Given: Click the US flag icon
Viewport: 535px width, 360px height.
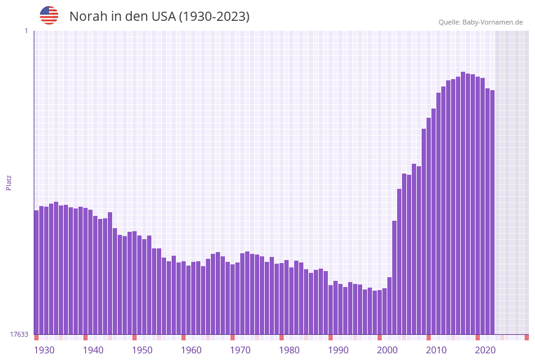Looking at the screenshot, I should pyautogui.click(x=49, y=15).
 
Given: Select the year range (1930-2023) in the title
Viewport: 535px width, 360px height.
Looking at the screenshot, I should pyautogui.click(x=214, y=17).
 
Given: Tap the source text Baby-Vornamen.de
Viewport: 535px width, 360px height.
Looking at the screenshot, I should pyautogui.click(x=492, y=22).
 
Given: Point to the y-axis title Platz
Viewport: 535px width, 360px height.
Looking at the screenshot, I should pyautogui.click(x=9, y=182).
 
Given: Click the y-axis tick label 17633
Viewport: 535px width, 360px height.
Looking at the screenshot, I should pyautogui.click(x=19, y=334).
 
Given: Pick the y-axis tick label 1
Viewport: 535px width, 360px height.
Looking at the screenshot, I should pyautogui.click(x=26, y=31).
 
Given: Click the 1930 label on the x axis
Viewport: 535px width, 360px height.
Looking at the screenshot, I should pyautogui.click(x=44, y=350).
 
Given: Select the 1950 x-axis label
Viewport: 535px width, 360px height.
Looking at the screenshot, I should pyautogui.click(x=142, y=350).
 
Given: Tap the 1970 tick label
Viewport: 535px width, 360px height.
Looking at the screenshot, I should pyautogui.click(x=240, y=350).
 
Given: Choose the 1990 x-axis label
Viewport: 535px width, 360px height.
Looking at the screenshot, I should pyautogui.click(x=338, y=350).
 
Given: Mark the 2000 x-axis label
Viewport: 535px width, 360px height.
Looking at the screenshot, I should pyautogui.click(x=387, y=350).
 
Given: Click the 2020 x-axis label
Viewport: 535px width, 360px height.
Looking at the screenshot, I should pyautogui.click(x=485, y=350).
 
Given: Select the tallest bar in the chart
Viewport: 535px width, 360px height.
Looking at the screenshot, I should pyautogui.click(x=463, y=203).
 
